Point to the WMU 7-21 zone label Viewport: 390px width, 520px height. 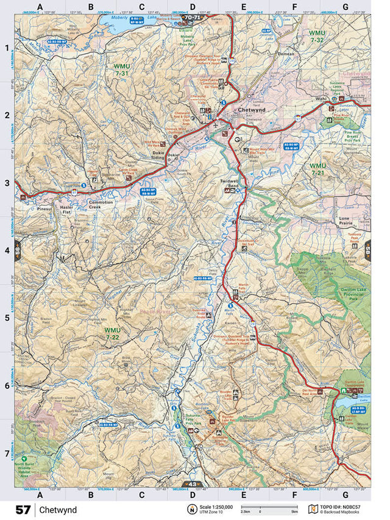click(317, 169)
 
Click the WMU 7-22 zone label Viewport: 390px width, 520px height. click(112, 333)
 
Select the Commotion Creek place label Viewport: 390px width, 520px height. click(101, 205)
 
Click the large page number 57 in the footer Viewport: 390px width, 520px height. click(23, 509)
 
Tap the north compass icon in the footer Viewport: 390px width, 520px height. click(191, 509)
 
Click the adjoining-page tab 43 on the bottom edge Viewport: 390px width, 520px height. click(193, 485)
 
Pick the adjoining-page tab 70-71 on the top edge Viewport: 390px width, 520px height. click(193, 18)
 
